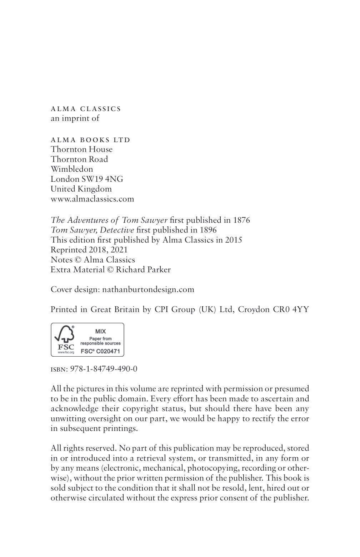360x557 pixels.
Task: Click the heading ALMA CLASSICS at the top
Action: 86,109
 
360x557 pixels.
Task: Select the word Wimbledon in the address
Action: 72,169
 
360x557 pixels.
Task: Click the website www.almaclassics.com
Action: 92,199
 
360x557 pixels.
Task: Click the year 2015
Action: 234,240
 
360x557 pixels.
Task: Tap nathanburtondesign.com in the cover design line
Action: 148,289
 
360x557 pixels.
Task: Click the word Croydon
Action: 254,309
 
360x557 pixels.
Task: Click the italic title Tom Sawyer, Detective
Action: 92,230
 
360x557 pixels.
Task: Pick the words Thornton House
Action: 81,149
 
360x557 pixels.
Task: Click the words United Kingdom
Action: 81,189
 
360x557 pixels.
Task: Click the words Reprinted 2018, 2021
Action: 89,250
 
